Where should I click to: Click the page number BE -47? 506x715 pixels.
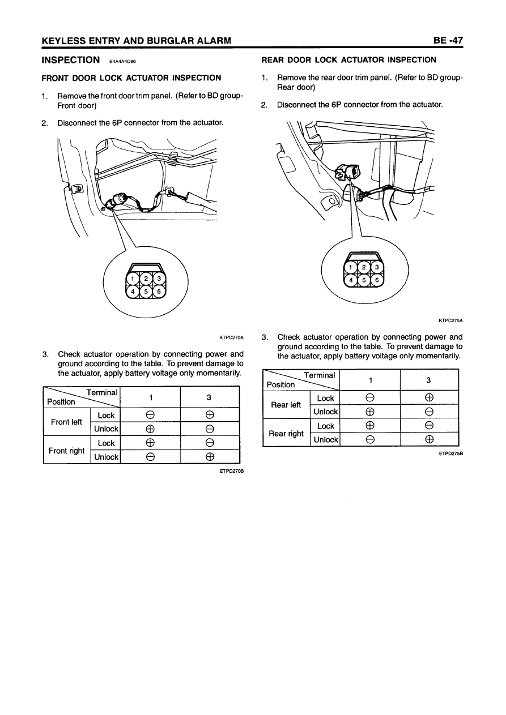(448, 40)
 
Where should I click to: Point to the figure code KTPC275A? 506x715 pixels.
(452, 319)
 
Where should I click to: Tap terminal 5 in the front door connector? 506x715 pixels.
(146, 292)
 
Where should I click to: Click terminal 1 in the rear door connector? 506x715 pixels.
(351, 267)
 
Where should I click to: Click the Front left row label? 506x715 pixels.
(66, 422)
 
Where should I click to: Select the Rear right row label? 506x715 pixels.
(287, 433)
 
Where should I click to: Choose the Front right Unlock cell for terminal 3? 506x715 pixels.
(210, 457)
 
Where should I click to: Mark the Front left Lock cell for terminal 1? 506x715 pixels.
(150, 416)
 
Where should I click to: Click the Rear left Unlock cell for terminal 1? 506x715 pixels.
(370, 412)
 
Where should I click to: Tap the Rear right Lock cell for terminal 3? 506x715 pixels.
(429, 426)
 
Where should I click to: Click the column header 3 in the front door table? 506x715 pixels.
(210, 397)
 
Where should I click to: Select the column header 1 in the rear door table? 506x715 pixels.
(370, 380)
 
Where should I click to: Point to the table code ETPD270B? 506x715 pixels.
(231, 470)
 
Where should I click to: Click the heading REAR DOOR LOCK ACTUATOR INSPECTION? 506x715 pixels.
(348, 59)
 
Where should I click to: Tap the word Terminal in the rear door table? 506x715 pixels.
(320, 375)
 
